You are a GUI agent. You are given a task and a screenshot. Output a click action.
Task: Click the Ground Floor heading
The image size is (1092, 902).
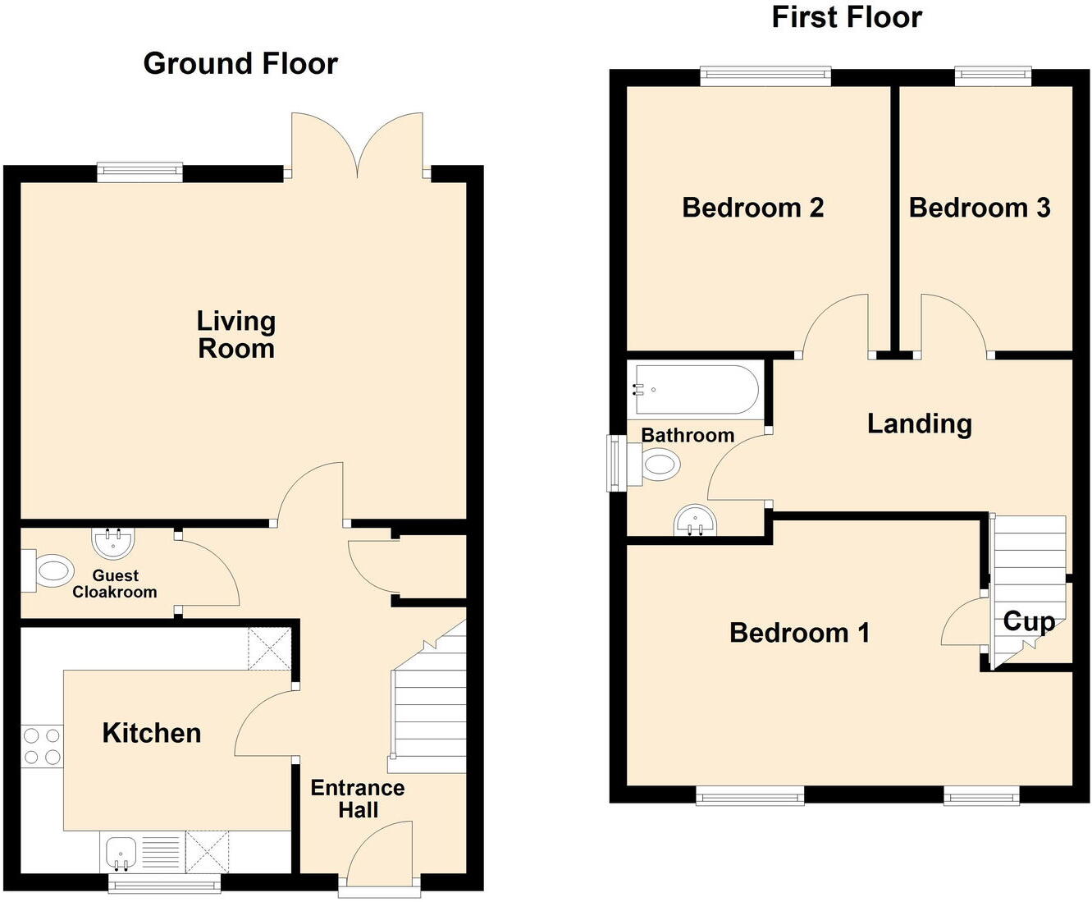tap(240, 64)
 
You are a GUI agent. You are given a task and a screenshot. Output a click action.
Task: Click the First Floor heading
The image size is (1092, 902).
tap(847, 17)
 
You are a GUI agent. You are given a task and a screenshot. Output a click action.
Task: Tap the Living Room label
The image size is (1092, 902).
tap(236, 335)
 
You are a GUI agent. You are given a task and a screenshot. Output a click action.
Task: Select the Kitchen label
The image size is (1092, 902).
tap(152, 733)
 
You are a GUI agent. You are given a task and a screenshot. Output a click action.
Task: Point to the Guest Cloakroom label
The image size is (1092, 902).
tap(115, 584)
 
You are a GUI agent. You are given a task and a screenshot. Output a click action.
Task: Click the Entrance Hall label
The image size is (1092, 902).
tap(358, 799)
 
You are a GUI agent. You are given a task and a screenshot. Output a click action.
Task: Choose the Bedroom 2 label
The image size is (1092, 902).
tap(752, 208)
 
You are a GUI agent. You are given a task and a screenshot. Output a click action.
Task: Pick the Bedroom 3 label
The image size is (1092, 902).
tap(980, 208)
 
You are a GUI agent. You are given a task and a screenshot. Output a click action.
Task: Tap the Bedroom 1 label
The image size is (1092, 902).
tap(799, 633)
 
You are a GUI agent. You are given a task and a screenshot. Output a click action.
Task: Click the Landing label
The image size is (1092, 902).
tap(920, 424)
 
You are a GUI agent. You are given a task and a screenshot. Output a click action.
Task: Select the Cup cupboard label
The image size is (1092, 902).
tap(1029, 621)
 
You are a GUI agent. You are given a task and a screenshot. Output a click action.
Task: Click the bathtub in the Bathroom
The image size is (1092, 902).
tap(695, 390)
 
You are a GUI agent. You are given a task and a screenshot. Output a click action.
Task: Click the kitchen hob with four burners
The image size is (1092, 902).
tap(42, 746)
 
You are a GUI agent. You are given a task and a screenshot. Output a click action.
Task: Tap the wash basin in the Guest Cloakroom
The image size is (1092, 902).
tap(113, 542)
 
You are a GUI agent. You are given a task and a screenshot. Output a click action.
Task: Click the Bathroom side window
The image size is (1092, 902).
tap(615, 463)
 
